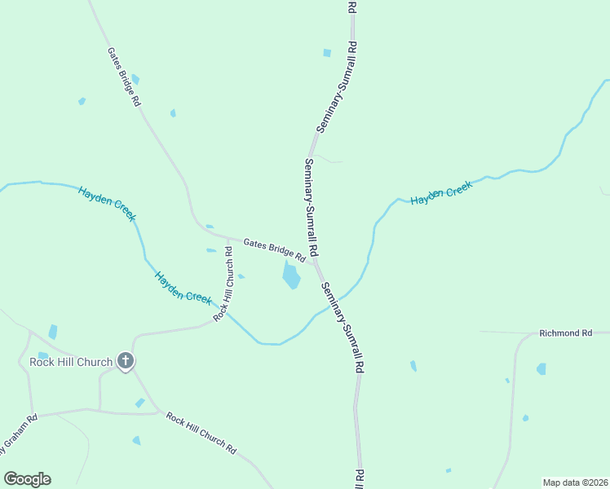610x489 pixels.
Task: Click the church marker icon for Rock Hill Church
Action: point(125,360)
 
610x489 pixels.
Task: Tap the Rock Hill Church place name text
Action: point(70,361)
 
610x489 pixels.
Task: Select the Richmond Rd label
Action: point(565,334)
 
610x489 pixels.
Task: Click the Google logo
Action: point(27,479)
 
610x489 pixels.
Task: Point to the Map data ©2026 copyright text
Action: point(575,482)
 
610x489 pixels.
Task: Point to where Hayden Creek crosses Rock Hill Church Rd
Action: point(221,308)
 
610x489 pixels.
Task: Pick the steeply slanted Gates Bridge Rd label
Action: point(124,77)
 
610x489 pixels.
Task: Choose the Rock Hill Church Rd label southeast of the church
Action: point(201,433)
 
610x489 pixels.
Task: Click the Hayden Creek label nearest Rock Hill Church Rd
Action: point(183,287)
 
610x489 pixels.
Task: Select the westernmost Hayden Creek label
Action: point(107,204)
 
